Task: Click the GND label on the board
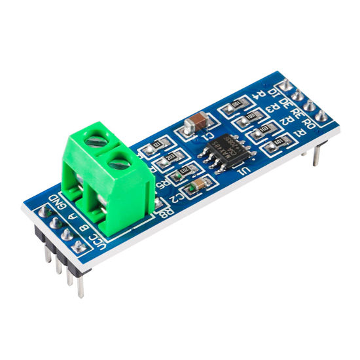click(57, 202)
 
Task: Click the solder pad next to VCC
click(79, 247)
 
